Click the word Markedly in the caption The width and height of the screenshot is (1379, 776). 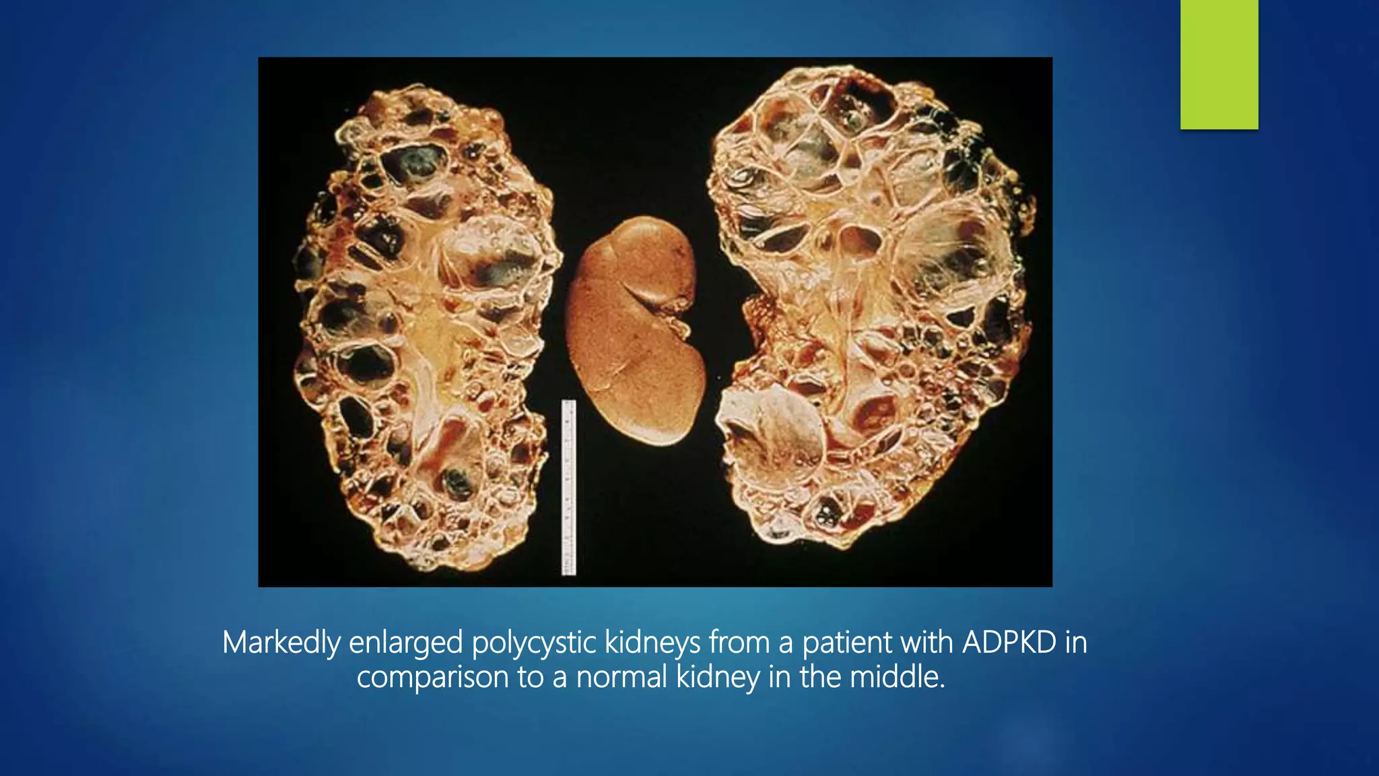tap(281, 643)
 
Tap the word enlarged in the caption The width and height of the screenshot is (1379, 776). tap(405, 643)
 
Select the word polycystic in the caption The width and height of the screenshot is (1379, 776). tap(533, 643)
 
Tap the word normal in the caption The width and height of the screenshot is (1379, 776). tap(621, 676)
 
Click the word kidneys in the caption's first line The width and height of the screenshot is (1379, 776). tap(652, 643)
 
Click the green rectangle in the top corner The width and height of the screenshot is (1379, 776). tap(1219, 64)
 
